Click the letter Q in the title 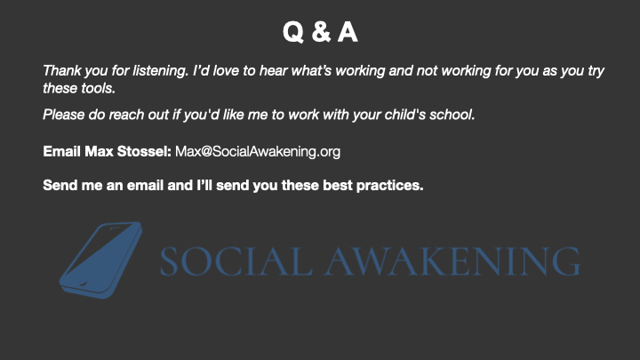tap(293, 32)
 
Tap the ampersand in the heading tap(321, 32)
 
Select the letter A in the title tap(348, 32)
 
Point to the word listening tap(161, 71)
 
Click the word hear tap(274, 70)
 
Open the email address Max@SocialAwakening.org tap(258, 152)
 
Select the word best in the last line tap(337, 185)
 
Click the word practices tap(390, 185)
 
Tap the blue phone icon tap(100, 260)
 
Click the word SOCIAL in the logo tap(236, 261)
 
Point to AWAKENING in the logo tap(452, 261)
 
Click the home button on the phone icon tap(82, 284)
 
